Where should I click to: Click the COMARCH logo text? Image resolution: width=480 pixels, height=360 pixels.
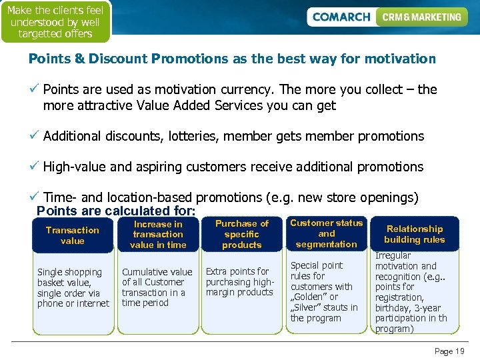click(x=341, y=17)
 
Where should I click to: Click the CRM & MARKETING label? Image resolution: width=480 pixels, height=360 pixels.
click(x=421, y=17)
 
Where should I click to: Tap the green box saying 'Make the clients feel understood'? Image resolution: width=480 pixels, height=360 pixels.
click(x=55, y=21)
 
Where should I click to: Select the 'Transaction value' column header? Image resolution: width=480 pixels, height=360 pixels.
click(x=72, y=235)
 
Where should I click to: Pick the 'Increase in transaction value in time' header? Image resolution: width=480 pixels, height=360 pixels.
click(x=157, y=235)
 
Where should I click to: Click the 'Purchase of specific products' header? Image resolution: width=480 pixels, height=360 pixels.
click(x=241, y=235)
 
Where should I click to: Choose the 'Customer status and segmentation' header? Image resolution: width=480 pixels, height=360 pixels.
click(x=326, y=233)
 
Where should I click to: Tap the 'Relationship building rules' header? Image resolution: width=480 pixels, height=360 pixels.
click(x=415, y=234)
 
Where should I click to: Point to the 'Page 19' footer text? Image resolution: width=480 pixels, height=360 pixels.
click(x=449, y=351)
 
